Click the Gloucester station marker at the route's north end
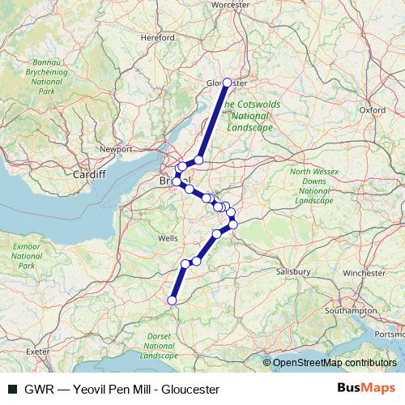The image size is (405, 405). [227, 83]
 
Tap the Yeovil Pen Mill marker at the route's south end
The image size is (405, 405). [171, 301]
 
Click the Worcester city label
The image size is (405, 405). [229, 4]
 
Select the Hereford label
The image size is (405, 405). [152, 37]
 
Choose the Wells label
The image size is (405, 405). [168, 239]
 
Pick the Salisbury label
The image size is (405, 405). [293, 272]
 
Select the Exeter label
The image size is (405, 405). [37, 352]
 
